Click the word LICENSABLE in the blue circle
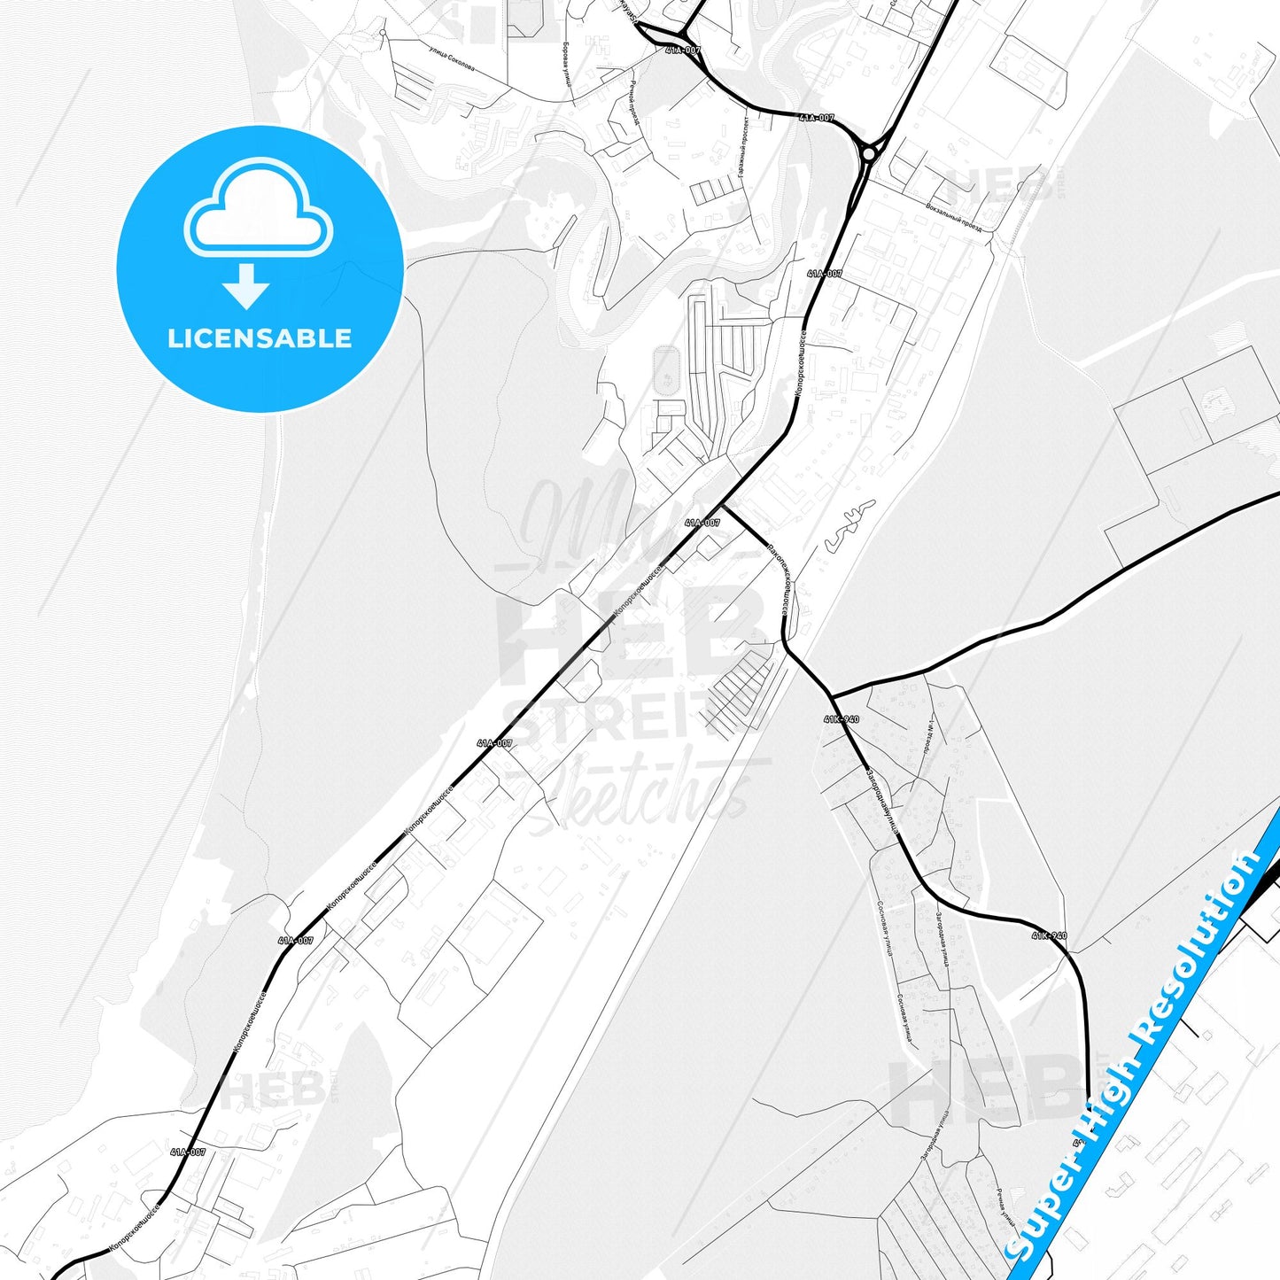(260, 338)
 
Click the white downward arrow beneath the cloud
(247, 285)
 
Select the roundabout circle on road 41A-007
(869, 153)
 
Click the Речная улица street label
(1005, 1213)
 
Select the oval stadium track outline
(664, 370)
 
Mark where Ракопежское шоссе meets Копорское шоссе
(724, 506)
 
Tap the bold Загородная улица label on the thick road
(882, 802)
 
